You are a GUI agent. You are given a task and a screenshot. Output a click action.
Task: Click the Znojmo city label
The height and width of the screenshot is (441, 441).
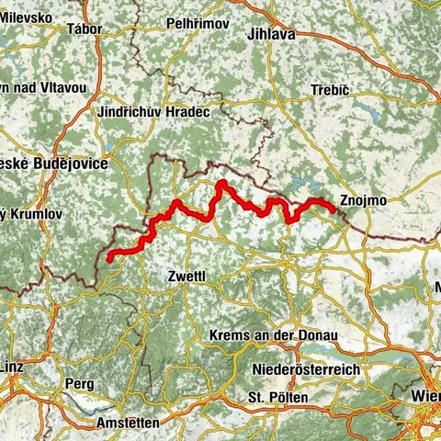363,200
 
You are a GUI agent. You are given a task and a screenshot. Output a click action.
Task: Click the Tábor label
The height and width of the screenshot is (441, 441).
84,28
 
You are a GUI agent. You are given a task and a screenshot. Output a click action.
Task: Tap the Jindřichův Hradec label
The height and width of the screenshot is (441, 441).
153,111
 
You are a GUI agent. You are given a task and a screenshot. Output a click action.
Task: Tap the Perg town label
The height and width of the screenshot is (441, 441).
79,382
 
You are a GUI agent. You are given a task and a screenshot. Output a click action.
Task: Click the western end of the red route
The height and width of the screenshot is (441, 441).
109,259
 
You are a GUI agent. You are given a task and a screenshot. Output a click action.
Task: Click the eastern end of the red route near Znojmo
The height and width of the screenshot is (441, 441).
330,209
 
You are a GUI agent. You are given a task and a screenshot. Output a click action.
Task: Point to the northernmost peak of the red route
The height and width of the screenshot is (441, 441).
220,184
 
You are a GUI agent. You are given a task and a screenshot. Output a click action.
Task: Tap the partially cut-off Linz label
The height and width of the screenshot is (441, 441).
16,367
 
